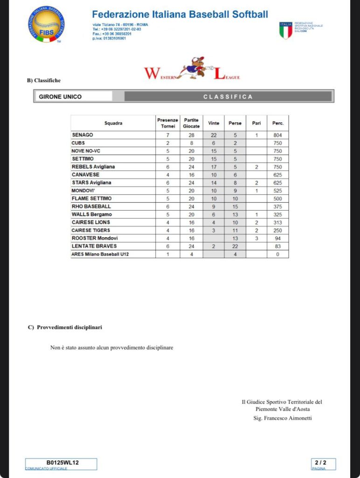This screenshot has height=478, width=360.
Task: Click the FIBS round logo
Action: (x=46, y=25)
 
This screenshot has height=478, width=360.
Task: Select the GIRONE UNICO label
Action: (x=60, y=97)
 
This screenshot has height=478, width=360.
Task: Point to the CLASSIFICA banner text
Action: (x=228, y=97)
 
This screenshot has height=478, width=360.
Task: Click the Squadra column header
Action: (x=113, y=123)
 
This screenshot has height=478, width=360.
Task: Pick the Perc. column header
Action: (x=278, y=123)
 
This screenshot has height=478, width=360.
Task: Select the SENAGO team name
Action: (x=82, y=135)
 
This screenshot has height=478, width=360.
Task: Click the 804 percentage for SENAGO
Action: (x=278, y=135)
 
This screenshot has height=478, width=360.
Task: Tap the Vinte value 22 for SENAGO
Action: (x=214, y=135)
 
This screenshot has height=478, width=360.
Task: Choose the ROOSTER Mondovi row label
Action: (x=95, y=238)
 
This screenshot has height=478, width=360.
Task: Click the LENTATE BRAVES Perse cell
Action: (x=235, y=246)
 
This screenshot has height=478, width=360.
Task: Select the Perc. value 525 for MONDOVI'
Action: (x=278, y=190)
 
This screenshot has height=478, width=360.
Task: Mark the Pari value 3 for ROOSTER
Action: (x=256, y=238)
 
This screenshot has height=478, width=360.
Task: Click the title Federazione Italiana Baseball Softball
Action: (x=180, y=14)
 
